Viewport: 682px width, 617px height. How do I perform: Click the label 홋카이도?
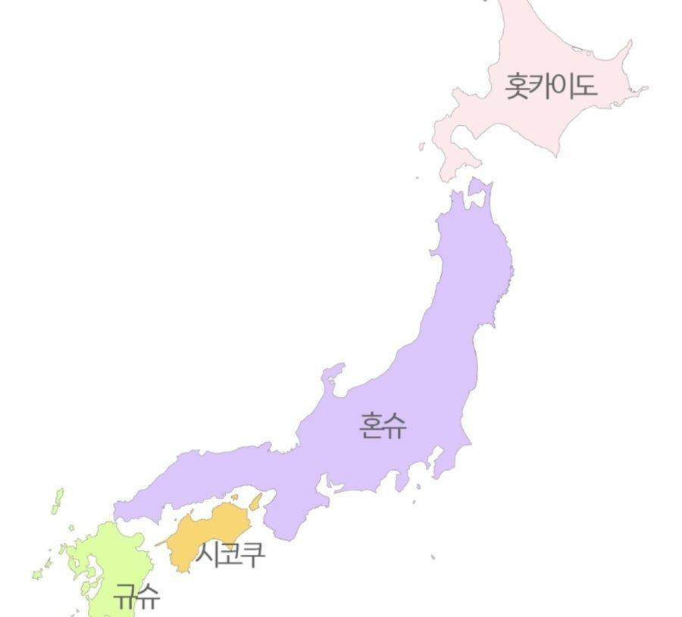pyautogui.click(x=551, y=86)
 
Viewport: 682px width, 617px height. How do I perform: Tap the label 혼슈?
pyautogui.click(x=383, y=427)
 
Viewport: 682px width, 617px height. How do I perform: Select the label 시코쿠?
pyautogui.click(x=230, y=554)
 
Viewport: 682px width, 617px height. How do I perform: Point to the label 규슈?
pyautogui.click(x=137, y=596)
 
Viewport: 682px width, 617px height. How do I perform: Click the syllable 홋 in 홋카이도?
pyautogui.click(x=518, y=86)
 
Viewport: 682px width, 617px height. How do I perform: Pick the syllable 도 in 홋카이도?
pyautogui.click(x=584, y=86)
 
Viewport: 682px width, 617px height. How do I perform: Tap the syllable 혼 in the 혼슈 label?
pyautogui.click(x=371, y=427)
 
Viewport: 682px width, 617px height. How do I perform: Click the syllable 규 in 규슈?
pyautogui.click(x=126, y=596)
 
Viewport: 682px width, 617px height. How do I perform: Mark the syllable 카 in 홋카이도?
pyautogui.click(x=540, y=86)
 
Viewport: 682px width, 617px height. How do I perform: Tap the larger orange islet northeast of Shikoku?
pyautogui.click(x=256, y=501)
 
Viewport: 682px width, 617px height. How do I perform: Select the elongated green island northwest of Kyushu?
pyautogui.click(x=58, y=500)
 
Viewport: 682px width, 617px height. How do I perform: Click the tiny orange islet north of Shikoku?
pyautogui.click(x=235, y=498)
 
